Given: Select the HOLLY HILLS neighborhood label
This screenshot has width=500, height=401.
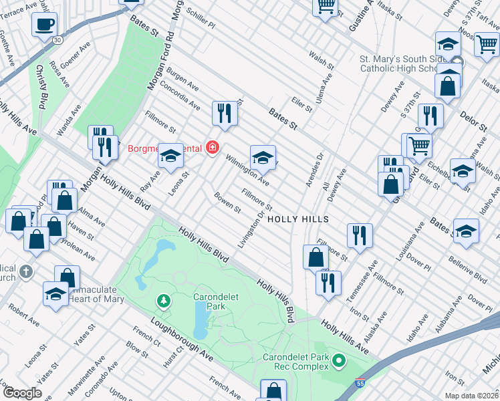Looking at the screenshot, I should pos(297,219).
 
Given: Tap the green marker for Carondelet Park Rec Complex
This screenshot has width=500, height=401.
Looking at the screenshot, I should pos(338,362).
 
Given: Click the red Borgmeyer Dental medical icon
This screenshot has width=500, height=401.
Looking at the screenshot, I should pos(213,147).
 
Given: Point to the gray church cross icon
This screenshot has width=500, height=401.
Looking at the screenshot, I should pos(25,271).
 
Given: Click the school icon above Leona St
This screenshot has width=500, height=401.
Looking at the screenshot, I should pos(170,156).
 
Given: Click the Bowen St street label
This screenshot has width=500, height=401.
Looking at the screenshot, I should pos(227,203).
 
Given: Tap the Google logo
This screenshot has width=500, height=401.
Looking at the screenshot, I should pos(23,392).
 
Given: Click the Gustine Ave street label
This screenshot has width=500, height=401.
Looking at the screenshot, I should pos(362,16).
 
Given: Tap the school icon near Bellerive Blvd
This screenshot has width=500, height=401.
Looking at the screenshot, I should pos(466,230).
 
